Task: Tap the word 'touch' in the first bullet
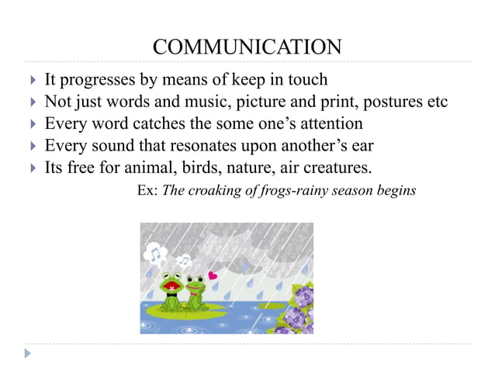pos(307,80)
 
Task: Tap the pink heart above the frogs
pos(213,274)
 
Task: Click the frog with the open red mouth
pos(171,288)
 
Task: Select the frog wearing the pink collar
pos(195,290)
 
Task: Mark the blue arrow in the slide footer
pos(29,354)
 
